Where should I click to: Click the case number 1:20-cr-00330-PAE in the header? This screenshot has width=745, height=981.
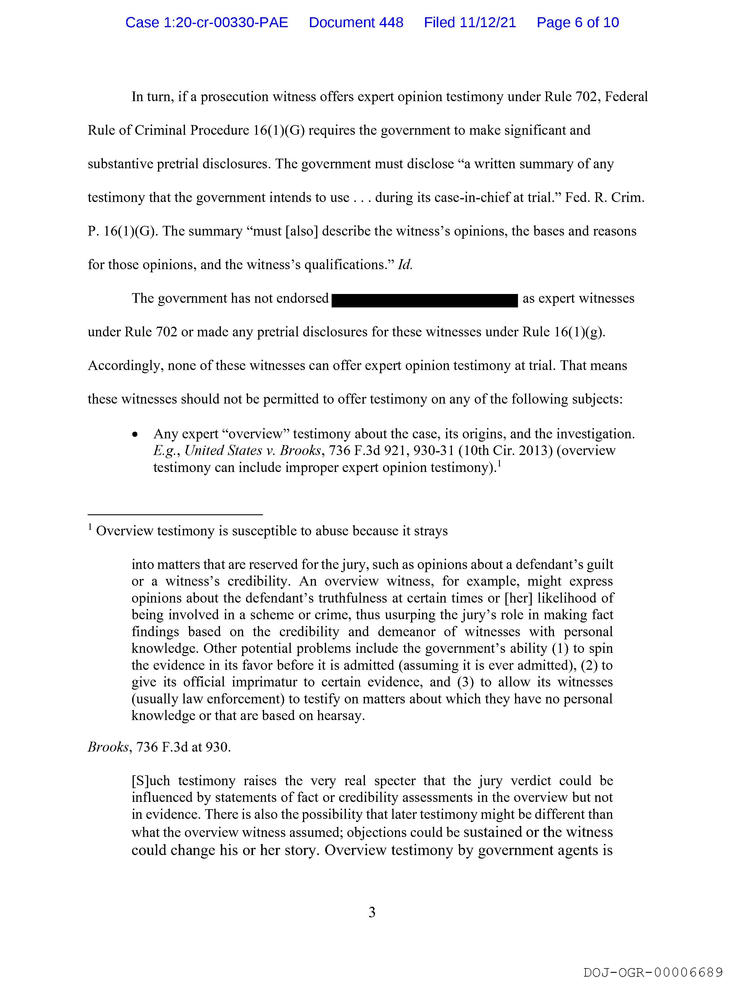click(207, 23)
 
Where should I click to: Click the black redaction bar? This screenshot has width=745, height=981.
click(425, 300)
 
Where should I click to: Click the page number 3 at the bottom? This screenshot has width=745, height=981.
click(372, 912)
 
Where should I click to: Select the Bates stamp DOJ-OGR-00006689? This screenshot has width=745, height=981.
click(653, 972)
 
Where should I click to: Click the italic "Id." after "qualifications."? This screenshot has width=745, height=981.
click(405, 265)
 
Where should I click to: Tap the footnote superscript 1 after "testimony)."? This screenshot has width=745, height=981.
click(499, 464)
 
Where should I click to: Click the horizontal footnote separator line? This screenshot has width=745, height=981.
click(175, 514)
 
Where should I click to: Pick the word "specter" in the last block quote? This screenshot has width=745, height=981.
click(395, 781)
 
